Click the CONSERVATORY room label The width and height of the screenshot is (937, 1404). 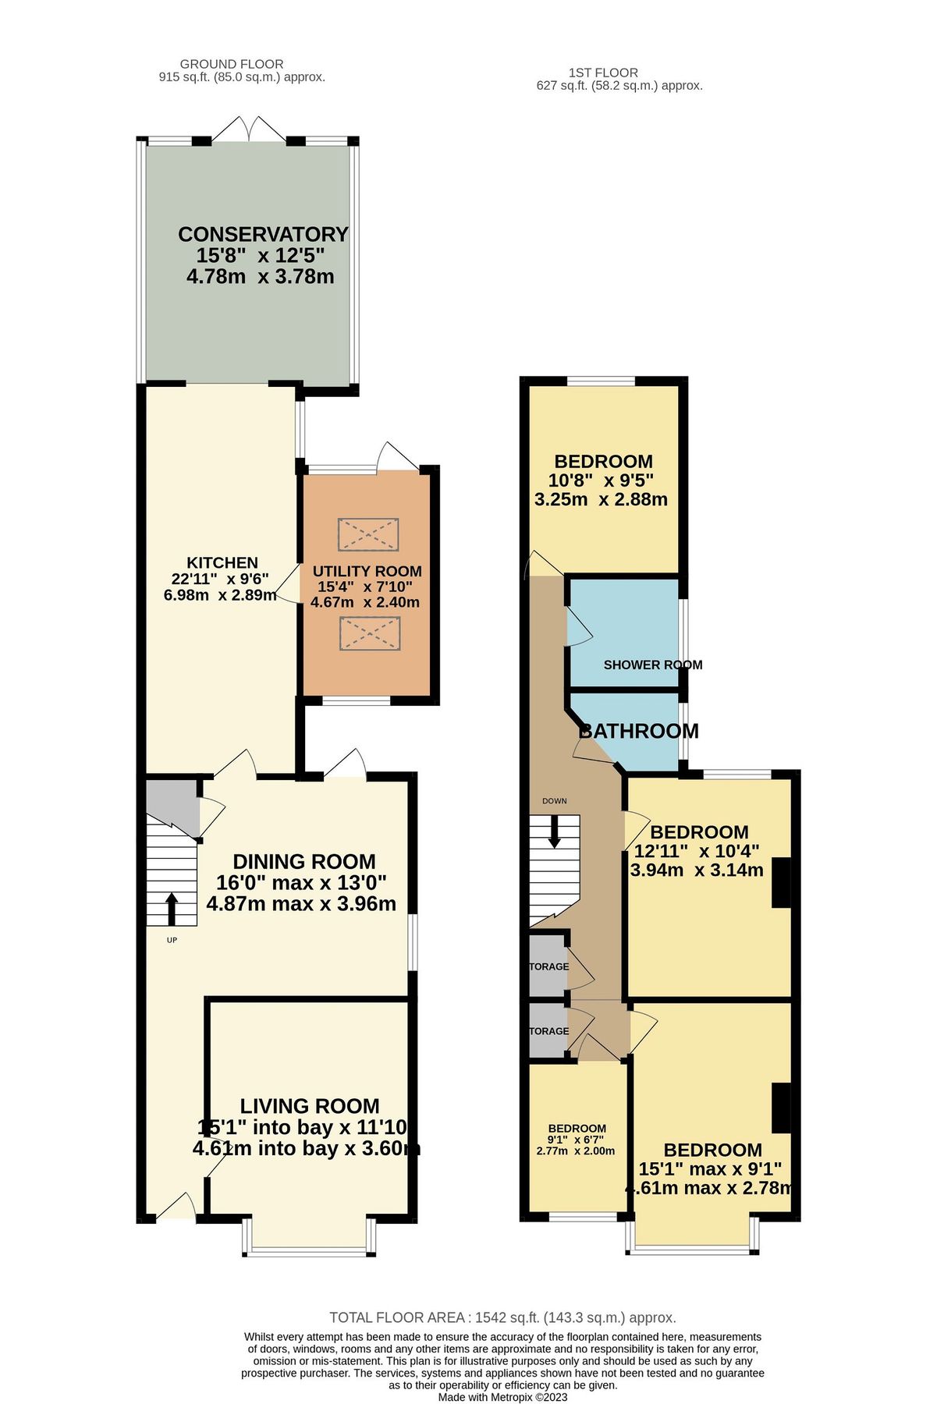click(x=262, y=234)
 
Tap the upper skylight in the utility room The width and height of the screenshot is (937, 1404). click(x=368, y=534)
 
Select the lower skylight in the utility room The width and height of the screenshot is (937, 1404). click(x=368, y=633)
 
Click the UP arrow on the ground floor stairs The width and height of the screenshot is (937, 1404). click(x=172, y=907)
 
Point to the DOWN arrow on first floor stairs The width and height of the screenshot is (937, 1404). click(x=554, y=831)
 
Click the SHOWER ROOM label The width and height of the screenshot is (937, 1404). click(x=653, y=665)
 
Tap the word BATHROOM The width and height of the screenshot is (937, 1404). click(x=638, y=731)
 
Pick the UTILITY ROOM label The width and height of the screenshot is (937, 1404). click(x=367, y=571)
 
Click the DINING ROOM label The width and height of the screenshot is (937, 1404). click(x=304, y=861)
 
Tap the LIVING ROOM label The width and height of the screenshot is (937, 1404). click(x=310, y=1106)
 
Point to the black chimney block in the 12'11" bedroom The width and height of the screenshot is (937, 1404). click(x=781, y=882)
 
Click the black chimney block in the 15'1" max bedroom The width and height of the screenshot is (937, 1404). click(x=781, y=1108)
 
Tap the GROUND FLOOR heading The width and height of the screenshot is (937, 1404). click(x=232, y=64)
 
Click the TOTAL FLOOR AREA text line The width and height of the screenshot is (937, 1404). click(x=502, y=1317)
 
